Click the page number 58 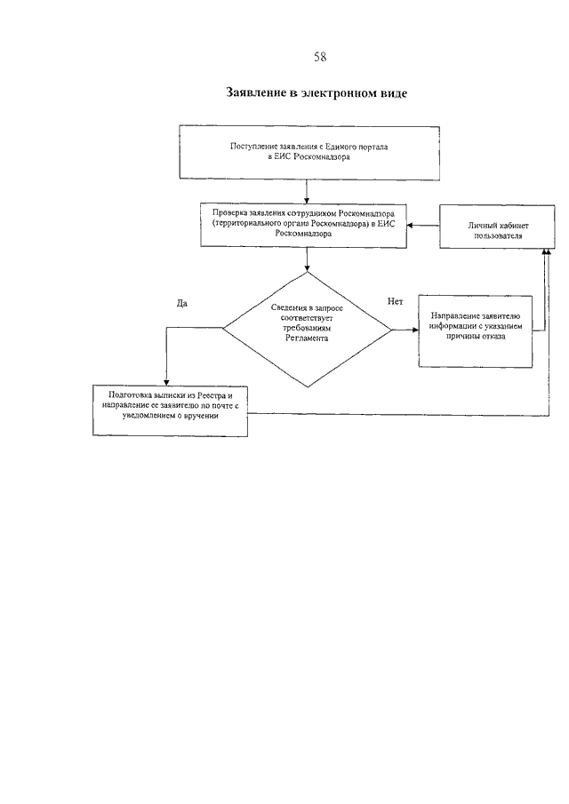click(320, 56)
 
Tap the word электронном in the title click(343, 92)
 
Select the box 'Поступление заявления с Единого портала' click(309, 152)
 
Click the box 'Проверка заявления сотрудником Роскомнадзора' click(304, 225)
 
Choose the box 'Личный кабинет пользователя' click(498, 227)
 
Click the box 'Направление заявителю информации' click(476, 330)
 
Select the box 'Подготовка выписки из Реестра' click(171, 410)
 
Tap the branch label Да click(182, 304)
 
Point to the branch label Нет click(395, 301)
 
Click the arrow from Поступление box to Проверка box click(307, 191)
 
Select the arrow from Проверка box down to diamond click(307, 259)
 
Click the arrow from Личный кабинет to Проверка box click(423, 226)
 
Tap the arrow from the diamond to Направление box click(405, 330)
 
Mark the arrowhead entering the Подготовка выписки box click(165, 383)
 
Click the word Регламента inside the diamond click(307, 338)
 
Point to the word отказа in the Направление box click(493, 337)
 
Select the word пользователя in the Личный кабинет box click(498, 235)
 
